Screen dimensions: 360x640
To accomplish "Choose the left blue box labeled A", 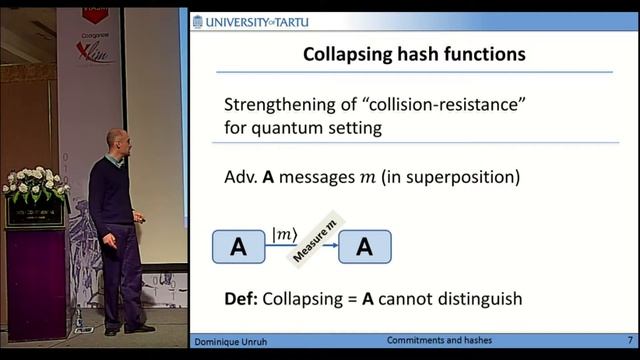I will (x=238, y=246).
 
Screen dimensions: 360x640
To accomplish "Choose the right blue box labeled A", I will (x=364, y=246).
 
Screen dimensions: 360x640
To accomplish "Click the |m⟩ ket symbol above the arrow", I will (x=283, y=234).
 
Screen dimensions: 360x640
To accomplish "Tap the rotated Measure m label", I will (x=314, y=242).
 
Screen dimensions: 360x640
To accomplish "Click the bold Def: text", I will (x=240, y=297).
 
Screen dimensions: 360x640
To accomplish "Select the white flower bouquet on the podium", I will (x=34, y=184).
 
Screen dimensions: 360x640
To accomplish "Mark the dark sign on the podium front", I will (x=35, y=212).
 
